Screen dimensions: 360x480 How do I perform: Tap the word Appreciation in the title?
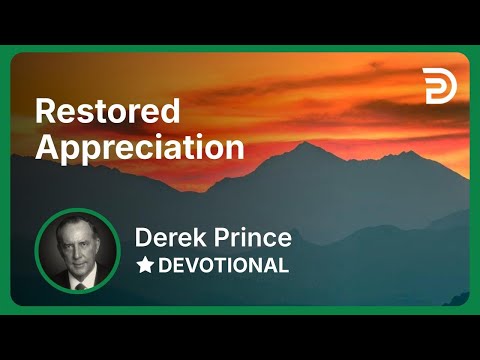click(140, 147)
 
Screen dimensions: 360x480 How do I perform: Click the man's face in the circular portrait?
click(78, 245)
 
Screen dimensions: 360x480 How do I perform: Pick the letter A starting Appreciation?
click(46, 147)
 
